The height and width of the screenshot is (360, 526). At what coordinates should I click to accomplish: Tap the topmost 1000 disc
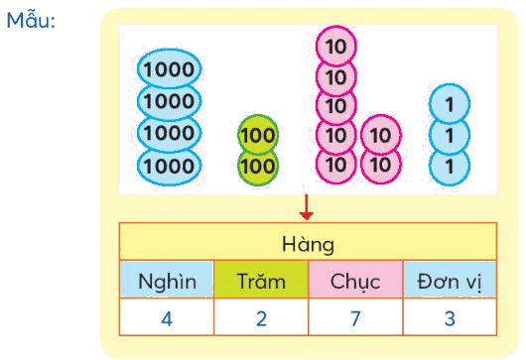click(x=169, y=69)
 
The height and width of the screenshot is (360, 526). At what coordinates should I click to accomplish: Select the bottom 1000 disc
click(x=169, y=167)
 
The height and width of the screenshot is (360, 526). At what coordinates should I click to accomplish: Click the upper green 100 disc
click(x=258, y=135)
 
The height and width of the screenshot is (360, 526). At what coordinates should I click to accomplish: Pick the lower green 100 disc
click(x=258, y=167)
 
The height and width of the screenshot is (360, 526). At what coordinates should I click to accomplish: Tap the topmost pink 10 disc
click(x=336, y=47)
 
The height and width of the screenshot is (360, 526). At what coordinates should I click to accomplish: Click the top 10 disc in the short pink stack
click(x=381, y=135)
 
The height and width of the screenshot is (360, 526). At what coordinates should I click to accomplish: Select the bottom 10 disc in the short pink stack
click(x=381, y=166)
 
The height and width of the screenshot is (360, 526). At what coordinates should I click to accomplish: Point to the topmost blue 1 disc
click(x=450, y=104)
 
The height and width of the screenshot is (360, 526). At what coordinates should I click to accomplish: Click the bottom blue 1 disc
click(x=450, y=167)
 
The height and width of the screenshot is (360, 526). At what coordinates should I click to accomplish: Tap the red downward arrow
click(x=307, y=207)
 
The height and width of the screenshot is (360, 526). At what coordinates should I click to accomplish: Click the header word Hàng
click(x=308, y=244)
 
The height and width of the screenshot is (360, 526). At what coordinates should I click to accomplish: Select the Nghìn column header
click(x=167, y=281)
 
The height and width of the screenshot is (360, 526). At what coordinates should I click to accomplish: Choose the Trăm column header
click(x=261, y=281)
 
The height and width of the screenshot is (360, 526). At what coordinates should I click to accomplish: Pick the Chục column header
click(x=355, y=282)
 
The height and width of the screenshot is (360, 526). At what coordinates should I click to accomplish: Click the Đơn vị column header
click(x=450, y=282)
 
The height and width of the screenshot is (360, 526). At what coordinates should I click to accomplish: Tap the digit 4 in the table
click(x=167, y=318)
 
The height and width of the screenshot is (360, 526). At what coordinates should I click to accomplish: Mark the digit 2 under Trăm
click(x=261, y=318)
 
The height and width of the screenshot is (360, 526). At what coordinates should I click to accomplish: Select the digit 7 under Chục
click(x=355, y=318)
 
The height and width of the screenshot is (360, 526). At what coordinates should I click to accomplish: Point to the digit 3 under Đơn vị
click(x=450, y=318)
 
